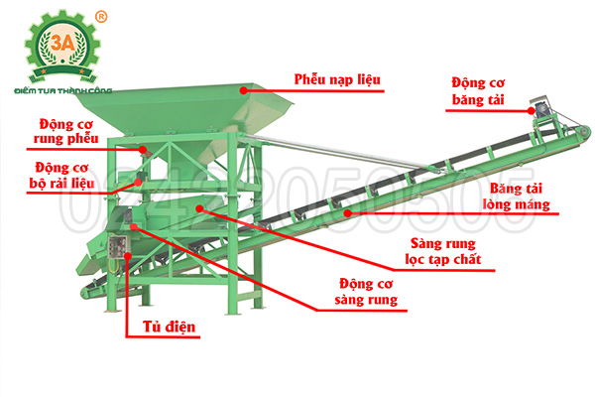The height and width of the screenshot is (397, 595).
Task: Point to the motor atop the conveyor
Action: point(543,106)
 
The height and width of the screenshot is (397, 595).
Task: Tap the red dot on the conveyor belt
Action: point(345,211)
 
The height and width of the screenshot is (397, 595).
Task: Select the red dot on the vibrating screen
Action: point(198,207)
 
